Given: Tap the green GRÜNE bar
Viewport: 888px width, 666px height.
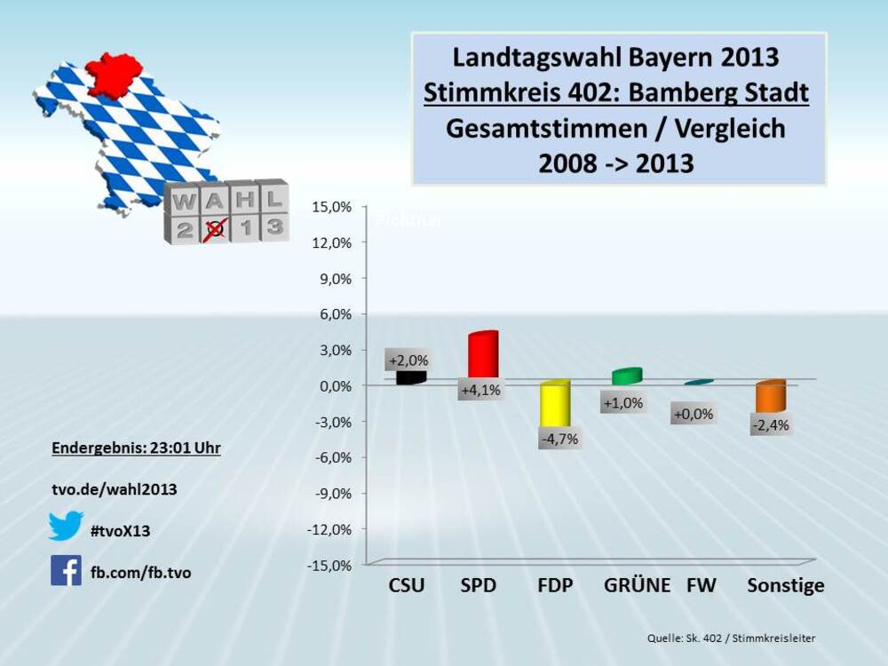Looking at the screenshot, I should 626,377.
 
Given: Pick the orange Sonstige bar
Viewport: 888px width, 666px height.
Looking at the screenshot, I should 770,397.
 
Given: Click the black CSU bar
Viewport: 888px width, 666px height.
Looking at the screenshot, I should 410,377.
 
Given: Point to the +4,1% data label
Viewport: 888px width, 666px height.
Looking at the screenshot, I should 481,389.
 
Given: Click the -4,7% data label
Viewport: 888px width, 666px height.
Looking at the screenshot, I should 559,438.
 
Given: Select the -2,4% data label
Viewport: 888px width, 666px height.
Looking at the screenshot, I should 770,424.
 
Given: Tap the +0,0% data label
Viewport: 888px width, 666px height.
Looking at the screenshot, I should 694,414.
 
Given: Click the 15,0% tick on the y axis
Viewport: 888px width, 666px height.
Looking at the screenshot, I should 333,206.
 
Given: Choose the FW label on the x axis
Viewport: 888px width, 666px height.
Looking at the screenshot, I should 702,586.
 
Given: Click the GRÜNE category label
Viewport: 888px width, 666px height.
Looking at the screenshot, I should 637,586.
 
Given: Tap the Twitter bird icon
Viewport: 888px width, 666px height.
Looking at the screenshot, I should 66,526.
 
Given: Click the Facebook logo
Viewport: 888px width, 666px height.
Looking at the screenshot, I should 66,570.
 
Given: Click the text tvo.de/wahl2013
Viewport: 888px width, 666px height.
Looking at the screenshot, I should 114,489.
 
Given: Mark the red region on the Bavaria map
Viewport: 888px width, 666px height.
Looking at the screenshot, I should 114,74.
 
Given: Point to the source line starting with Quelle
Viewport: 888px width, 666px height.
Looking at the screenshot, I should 731,638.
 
